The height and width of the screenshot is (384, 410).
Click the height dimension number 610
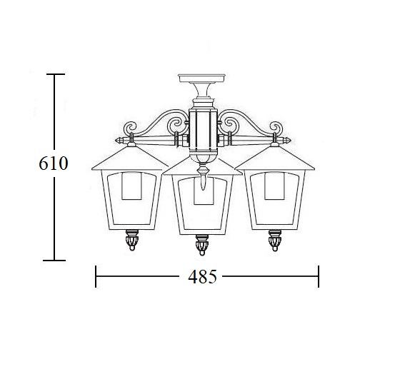pyautogui.click(x=54, y=163)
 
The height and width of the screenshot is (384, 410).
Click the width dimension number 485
pyautogui.click(x=203, y=277)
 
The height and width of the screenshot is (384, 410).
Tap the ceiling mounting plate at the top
pyautogui.click(x=201, y=78)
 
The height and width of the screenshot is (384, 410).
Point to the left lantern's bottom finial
pyautogui.click(x=132, y=240)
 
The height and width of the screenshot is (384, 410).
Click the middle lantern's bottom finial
pyautogui.click(x=202, y=245)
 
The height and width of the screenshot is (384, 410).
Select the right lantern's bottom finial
pyautogui.click(x=275, y=241)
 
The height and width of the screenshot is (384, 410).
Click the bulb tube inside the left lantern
pyautogui.click(x=131, y=186)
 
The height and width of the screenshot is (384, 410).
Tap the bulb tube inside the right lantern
pyautogui.click(x=274, y=186)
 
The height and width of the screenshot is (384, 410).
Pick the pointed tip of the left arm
pyautogui.click(x=116, y=141)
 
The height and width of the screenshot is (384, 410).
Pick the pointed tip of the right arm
pyautogui.click(x=291, y=141)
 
